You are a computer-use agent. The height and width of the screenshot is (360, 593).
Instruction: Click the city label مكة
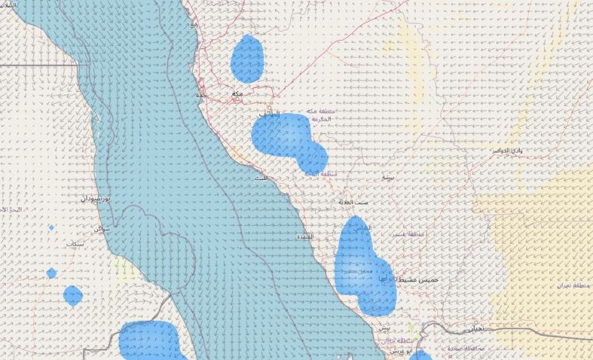236,94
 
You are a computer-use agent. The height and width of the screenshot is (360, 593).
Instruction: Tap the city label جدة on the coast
200,96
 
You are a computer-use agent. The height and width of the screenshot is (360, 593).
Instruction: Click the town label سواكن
102,228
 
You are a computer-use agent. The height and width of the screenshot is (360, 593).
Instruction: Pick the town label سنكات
75,244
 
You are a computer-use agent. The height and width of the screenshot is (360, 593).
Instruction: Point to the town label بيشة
387,178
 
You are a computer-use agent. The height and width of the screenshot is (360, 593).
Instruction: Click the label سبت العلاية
354,201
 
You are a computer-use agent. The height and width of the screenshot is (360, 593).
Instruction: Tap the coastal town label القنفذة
305,236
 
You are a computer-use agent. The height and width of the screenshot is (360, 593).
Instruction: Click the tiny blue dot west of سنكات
51,227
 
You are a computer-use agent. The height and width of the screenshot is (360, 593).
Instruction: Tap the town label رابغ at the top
194,24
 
